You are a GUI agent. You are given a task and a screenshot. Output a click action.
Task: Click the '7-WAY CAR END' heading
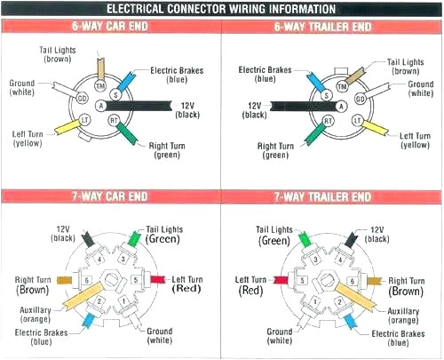click(x=110, y=196)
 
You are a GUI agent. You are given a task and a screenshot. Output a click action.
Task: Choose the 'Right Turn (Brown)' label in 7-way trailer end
click(x=407, y=284)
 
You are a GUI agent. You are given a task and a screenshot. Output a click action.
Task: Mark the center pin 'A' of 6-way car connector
click(x=101, y=105)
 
